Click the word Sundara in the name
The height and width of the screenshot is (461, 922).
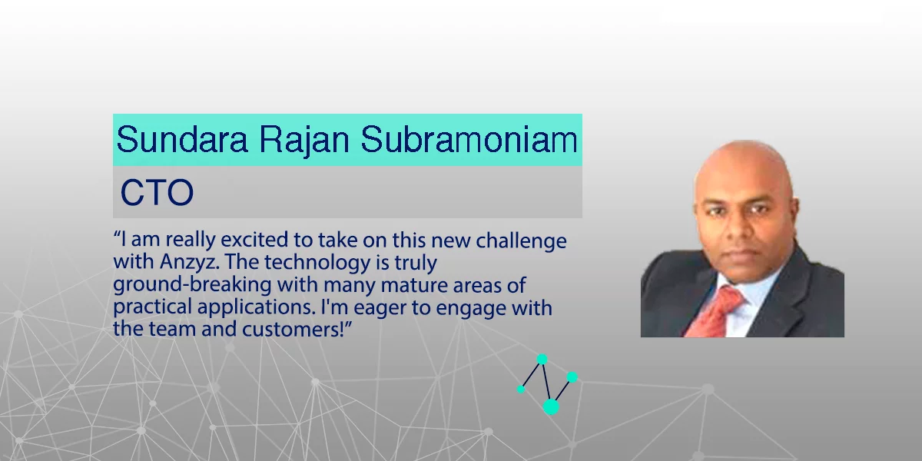tap(182, 140)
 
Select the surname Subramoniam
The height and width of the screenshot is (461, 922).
tap(469, 140)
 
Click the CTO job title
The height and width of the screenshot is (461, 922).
tap(157, 192)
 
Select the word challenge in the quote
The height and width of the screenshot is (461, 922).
tap(521, 240)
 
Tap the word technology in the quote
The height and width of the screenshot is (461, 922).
tap(317, 263)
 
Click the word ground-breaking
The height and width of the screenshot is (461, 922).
tap(192, 285)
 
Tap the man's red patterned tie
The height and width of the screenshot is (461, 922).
tap(715, 312)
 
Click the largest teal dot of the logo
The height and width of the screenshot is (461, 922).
tap(551, 406)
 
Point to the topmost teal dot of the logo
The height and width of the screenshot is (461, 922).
tap(542, 360)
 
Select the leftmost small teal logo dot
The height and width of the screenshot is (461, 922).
tap(521, 389)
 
